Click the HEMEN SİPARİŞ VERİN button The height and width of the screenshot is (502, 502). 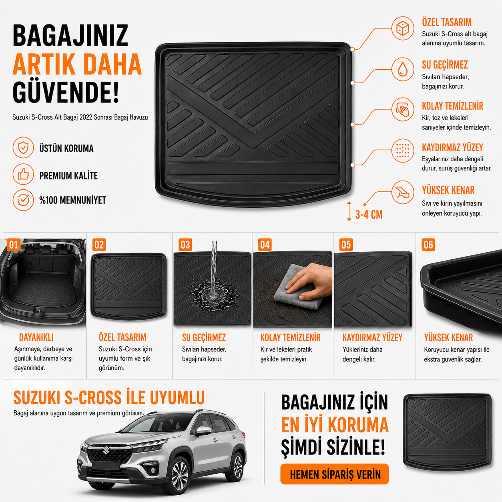pyautogui.click(x=335, y=474)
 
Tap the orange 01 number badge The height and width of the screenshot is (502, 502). pyautogui.click(x=14, y=245)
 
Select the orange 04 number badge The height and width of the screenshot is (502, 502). pyautogui.click(x=265, y=245)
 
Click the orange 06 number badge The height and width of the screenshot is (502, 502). pyautogui.click(x=428, y=245)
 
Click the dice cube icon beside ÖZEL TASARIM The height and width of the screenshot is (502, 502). pyautogui.click(x=403, y=28)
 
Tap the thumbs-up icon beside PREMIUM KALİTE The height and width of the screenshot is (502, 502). pyautogui.click(x=23, y=174)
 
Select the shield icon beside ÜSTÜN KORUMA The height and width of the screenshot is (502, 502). pyautogui.click(x=23, y=148)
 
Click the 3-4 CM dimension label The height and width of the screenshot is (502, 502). pyautogui.click(x=369, y=215)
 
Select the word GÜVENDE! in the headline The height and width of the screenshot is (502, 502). pyautogui.click(x=66, y=92)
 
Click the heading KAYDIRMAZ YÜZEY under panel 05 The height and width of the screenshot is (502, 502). pyautogui.click(x=372, y=337)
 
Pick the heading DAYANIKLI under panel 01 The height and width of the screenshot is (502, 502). pyautogui.click(x=36, y=337)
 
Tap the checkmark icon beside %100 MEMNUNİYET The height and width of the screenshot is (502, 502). pyautogui.click(x=23, y=200)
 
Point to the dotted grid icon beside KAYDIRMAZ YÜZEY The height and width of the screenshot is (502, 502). pyautogui.click(x=403, y=150)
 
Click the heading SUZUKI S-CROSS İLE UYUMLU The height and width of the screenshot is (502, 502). pyautogui.click(x=109, y=398)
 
